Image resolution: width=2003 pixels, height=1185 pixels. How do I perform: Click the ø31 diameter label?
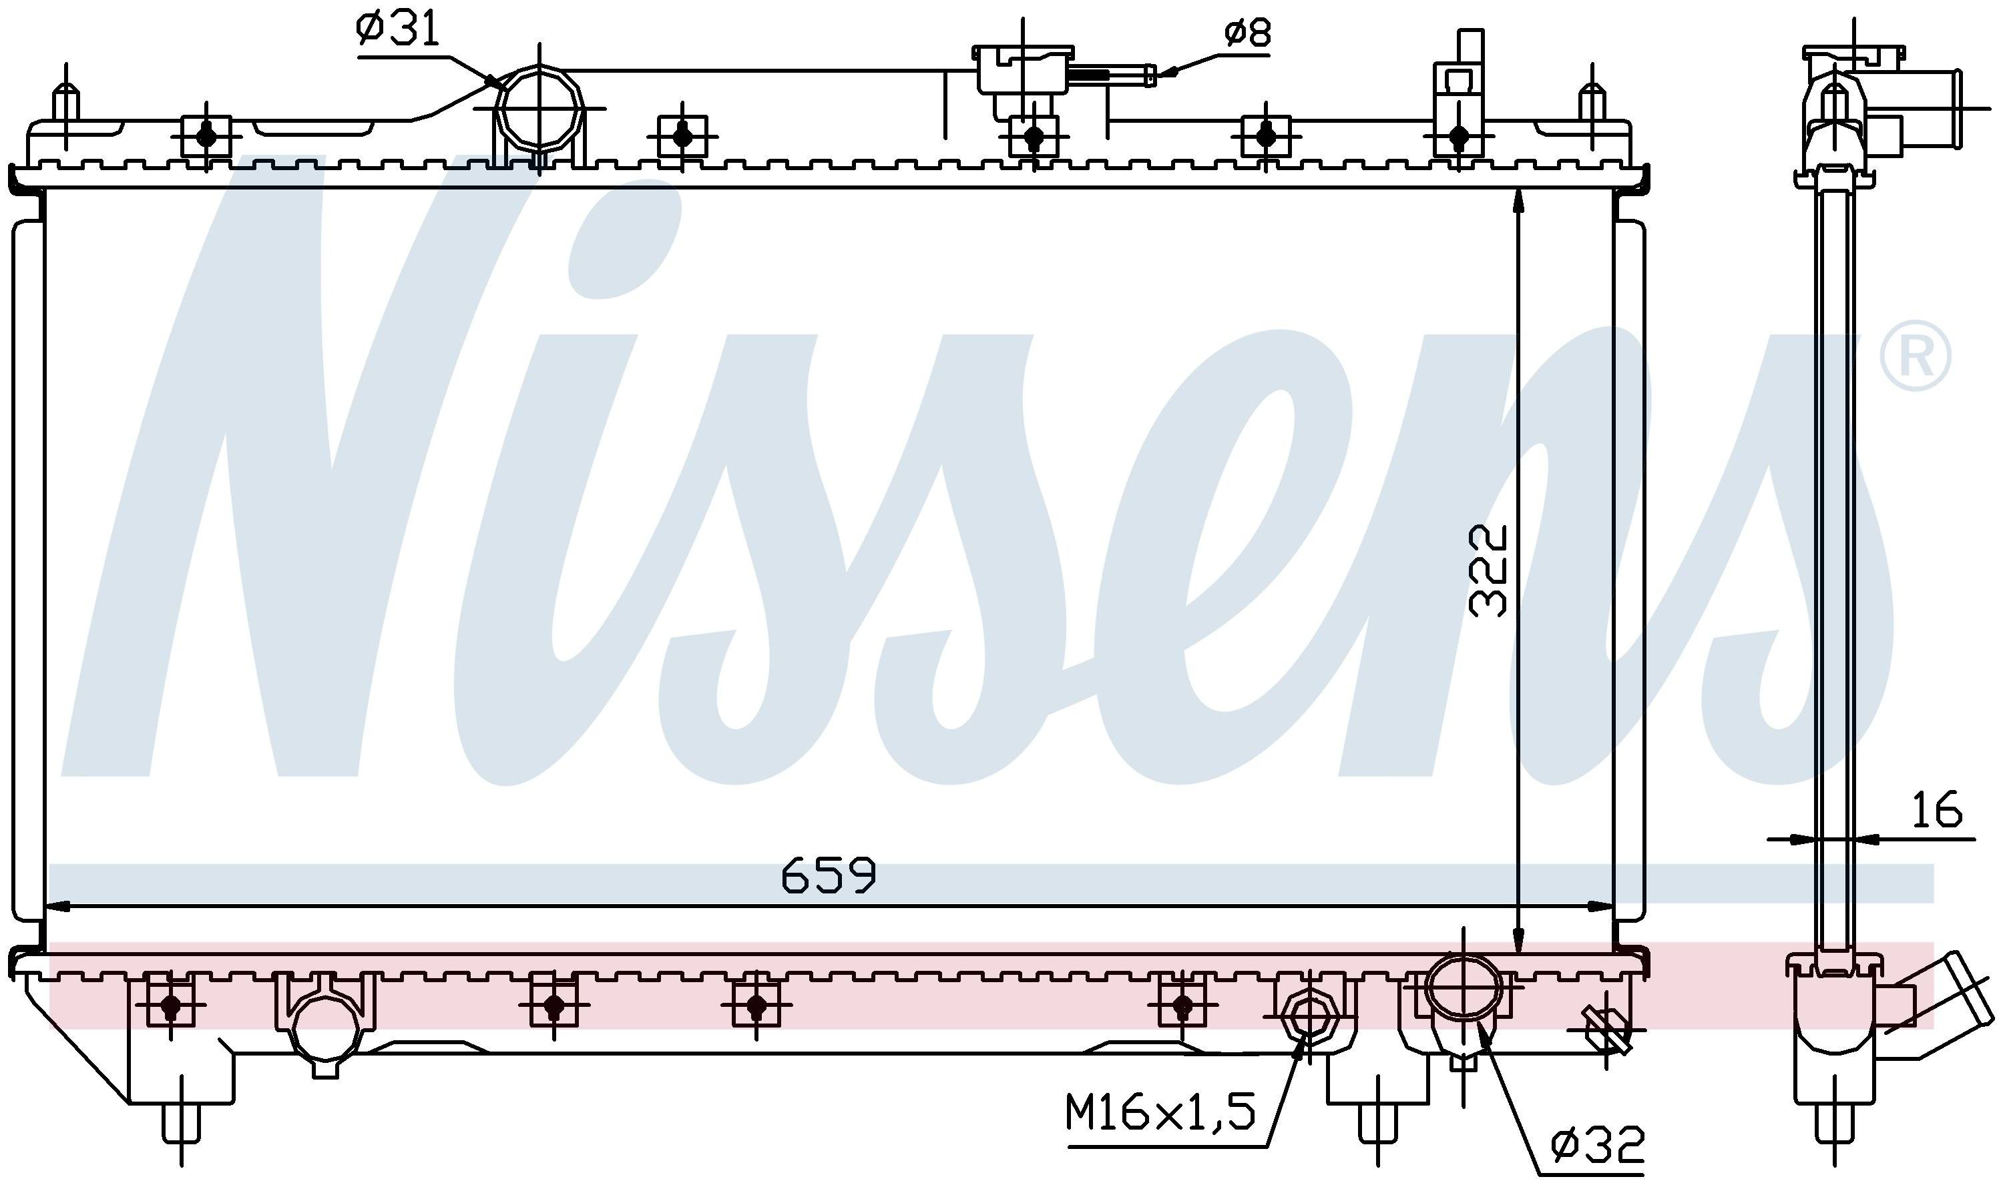[398, 30]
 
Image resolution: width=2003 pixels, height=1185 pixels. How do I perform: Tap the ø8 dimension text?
[1247, 33]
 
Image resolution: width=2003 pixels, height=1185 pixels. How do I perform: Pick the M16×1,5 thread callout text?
[1160, 1112]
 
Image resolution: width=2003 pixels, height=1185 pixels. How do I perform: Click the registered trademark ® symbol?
[1914, 356]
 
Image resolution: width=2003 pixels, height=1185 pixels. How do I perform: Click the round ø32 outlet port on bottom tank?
[1463, 987]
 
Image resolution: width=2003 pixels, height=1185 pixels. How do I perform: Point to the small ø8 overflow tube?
[1113, 75]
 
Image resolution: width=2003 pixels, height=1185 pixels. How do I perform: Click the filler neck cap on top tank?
[1024, 69]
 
